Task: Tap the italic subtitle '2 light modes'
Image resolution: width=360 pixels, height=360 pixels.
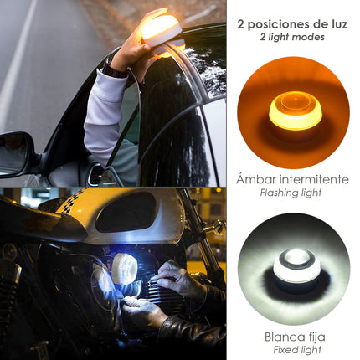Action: coord(293,38)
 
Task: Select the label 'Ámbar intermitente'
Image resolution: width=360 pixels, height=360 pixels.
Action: coord(292,178)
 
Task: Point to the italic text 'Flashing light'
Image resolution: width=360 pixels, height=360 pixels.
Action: coord(292,193)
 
